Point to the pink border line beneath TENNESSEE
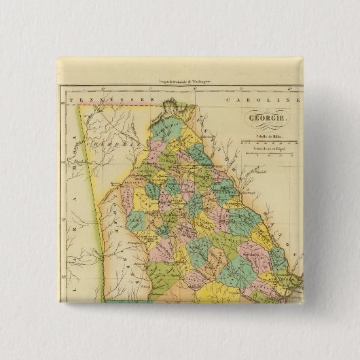point(115,105)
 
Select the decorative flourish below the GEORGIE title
point(264,126)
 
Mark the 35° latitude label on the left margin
point(62,103)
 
